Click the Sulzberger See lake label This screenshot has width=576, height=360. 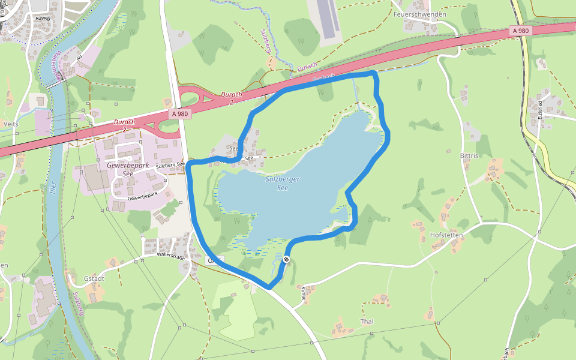pos(282,183)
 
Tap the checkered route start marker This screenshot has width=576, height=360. pos(286,259)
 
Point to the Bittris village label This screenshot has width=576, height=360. pos(469,155)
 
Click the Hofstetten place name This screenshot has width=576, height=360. pos(446,235)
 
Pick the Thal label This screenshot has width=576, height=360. pos(367,322)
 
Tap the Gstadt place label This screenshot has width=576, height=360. pos(94,278)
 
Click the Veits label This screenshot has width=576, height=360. pos(11,124)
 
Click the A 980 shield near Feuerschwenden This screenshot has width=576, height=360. pos(521,30)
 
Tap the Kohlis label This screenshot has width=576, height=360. pos(304,293)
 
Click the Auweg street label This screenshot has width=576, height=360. pos(43,18)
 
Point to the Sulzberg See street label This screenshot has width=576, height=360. pos(170,164)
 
